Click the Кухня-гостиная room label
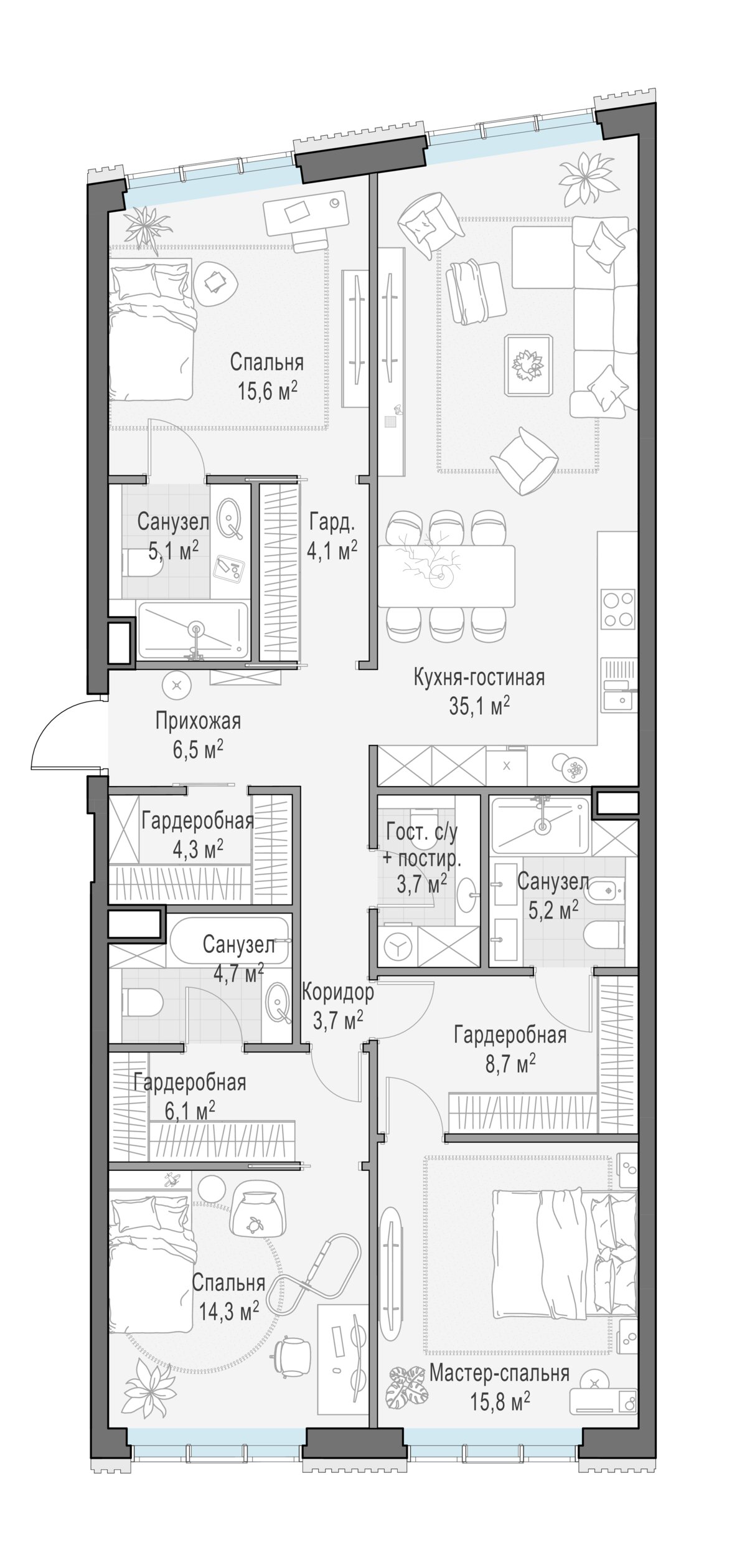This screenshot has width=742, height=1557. (479, 678)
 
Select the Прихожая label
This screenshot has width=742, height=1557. (198, 722)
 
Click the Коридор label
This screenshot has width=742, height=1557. (338, 991)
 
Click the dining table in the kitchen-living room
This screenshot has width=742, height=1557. (446, 576)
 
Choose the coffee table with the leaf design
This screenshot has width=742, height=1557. (528, 365)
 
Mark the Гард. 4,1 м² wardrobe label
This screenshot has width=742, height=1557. (332, 536)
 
